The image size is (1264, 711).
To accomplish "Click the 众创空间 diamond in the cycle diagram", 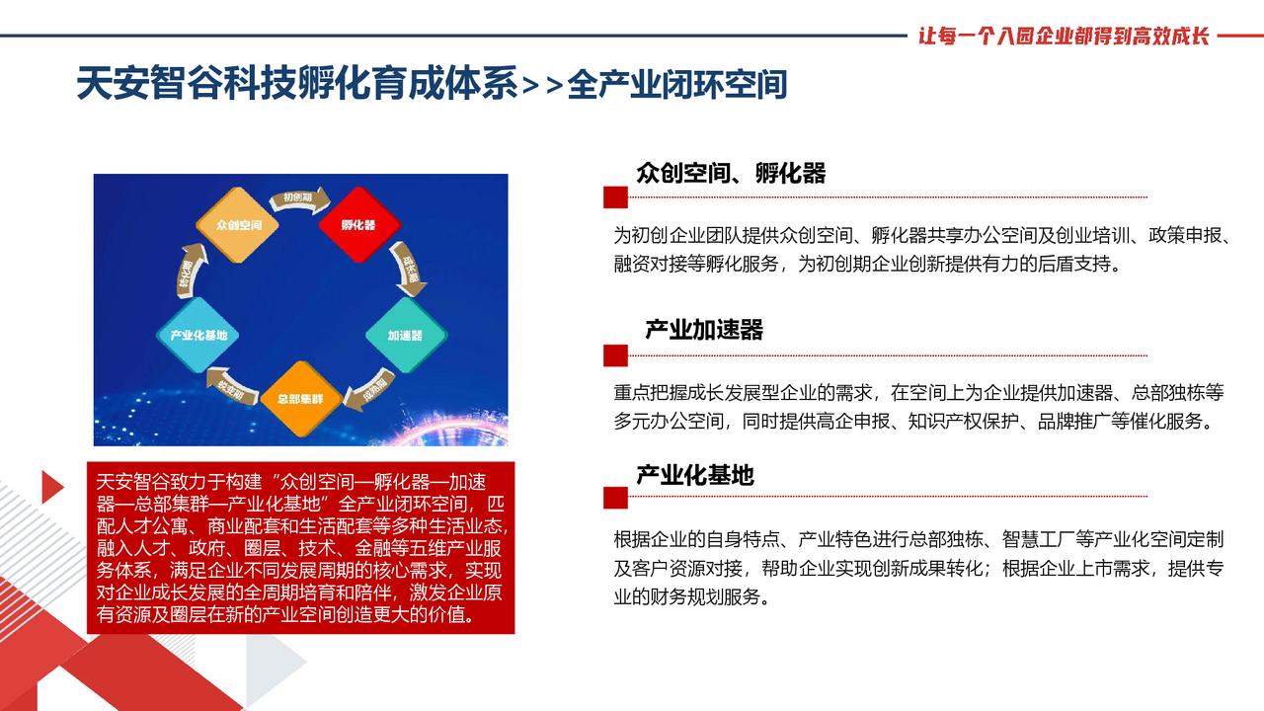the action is [238, 225].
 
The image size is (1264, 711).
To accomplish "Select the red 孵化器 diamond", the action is [359, 225].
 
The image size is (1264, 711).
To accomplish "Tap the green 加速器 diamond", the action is [406, 335].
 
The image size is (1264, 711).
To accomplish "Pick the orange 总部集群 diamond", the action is [301, 399].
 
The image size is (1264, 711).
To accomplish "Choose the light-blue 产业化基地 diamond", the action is [198, 335].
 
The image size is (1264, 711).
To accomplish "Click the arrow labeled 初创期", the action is [299, 199].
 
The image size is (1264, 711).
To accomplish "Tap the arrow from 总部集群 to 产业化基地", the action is [232, 386].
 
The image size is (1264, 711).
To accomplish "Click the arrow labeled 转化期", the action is [190, 271].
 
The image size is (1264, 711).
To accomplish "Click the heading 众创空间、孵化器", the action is [731, 173].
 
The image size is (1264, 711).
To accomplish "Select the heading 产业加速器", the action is [704, 330].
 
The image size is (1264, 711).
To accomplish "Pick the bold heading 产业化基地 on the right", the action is [695, 475].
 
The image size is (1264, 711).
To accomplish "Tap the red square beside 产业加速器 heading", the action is [615, 355].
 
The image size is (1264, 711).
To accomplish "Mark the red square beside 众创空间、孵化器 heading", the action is [615, 197].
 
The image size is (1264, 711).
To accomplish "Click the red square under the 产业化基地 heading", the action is [615, 498].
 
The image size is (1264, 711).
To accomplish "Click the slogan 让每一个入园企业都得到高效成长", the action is [1064, 37].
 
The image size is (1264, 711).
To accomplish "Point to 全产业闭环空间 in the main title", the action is [676, 85].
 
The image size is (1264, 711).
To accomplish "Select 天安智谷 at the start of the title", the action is [139, 85].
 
